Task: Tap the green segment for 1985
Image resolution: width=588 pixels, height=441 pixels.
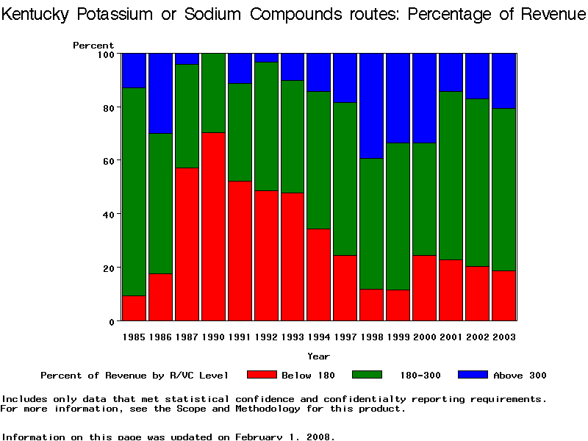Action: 134,191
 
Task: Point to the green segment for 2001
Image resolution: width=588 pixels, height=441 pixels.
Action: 451,176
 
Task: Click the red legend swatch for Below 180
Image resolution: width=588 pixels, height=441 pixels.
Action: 262,375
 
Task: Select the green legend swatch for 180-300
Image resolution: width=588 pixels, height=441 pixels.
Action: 367,375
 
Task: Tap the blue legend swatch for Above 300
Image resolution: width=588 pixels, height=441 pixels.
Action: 473,375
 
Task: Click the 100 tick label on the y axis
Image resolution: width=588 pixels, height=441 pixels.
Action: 105,54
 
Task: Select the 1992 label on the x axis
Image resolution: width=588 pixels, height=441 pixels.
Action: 265,337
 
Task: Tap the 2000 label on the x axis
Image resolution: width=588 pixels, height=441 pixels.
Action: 424,337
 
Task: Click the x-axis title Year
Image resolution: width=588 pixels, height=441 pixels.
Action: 318,356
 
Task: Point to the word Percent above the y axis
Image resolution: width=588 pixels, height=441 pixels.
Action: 93,46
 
